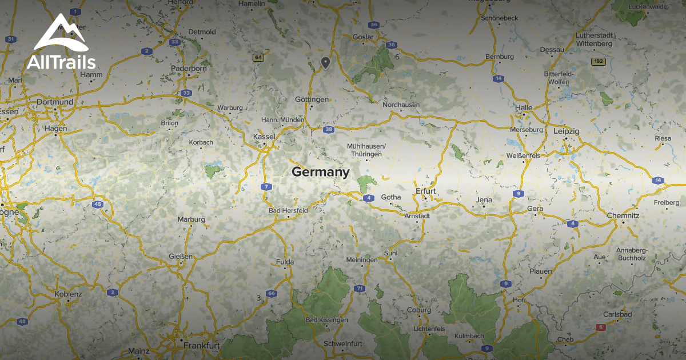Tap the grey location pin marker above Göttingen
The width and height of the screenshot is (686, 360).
coord(325,62)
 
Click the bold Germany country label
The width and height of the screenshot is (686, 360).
coord(320,171)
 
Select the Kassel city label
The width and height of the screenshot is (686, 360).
coord(264,137)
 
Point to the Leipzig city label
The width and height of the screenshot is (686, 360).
coord(567,131)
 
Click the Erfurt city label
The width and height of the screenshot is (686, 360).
coord(426,191)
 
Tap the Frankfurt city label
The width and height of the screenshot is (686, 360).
coord(202,346)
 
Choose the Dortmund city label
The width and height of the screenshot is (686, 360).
coord(54,102)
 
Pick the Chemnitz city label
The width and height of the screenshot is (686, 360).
coord(623,215)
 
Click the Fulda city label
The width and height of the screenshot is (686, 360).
coord(285,262)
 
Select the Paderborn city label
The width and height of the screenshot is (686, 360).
coord(189,69)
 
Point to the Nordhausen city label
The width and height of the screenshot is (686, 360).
coord(401,105)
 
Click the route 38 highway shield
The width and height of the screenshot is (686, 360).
coord(328,130)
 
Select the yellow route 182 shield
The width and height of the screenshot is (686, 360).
coord(599,61)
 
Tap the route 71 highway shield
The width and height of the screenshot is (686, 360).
coord(359,289)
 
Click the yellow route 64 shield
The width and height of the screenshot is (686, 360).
coord(259,57)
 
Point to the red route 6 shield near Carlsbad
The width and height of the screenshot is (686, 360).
coord(600,327)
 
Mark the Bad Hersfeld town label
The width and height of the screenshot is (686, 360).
coord(288,210)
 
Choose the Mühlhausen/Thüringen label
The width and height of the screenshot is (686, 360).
coord(366,150)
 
